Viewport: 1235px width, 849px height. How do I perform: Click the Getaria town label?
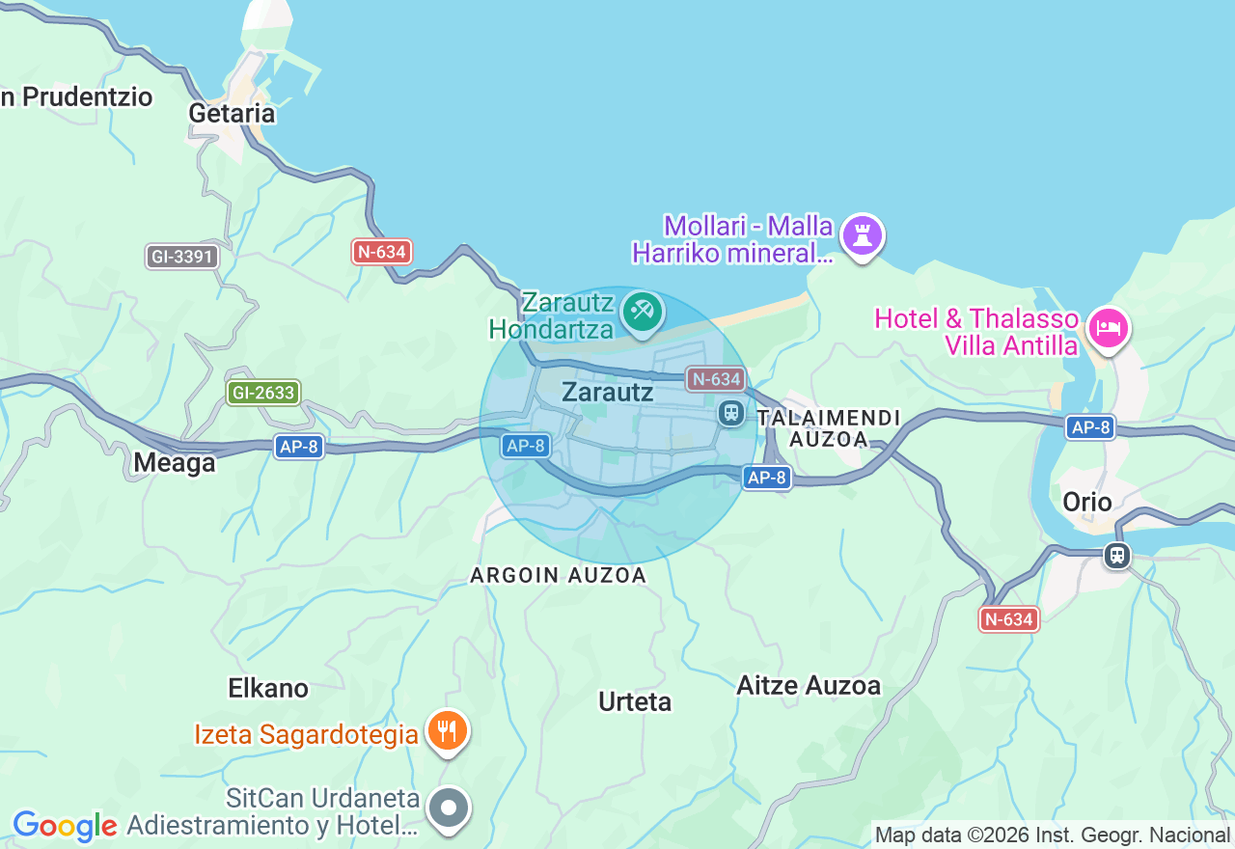pyautogui.click(x=232, y=113)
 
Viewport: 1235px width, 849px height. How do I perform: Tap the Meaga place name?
pyautogui.click(x=174, y=463)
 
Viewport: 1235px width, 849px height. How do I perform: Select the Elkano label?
pyautogui.click(x=268, y=688)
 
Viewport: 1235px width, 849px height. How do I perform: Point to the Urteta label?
pyautogui.click(x=634, y=701)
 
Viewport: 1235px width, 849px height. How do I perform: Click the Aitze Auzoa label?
pyautogui.click(x=809, y=686)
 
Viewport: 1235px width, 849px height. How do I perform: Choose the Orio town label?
pyautogui.click(x=1086, y=502)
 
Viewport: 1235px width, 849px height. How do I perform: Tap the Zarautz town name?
pyautogui.click(x=607, y=393)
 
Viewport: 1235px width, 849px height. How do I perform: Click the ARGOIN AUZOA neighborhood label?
pyautogui.click(x=558, y=575)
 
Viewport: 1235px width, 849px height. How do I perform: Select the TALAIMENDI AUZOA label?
pyautogui.click(x=829, y=428)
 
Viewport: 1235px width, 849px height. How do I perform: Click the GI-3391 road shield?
pyautogui.click(x=183, y=257)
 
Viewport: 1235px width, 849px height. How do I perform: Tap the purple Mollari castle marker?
pyautogui.click(x=862, y=235)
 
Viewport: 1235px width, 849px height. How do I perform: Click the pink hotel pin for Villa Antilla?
pyautogui.click(x=1108, y=329)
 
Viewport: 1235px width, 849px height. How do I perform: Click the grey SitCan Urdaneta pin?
pyautogui.click(x=449, y=808)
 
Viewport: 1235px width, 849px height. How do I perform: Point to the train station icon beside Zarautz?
pyautogui.click(x=730, y=413)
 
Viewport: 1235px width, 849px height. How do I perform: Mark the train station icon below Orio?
pyautogui.click(x=1117, y=555)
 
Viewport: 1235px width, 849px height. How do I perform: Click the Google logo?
pyautogui.click(x=65, y=826)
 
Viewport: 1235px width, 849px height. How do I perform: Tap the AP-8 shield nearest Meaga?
pyautogui.click(x=298, y=447)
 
